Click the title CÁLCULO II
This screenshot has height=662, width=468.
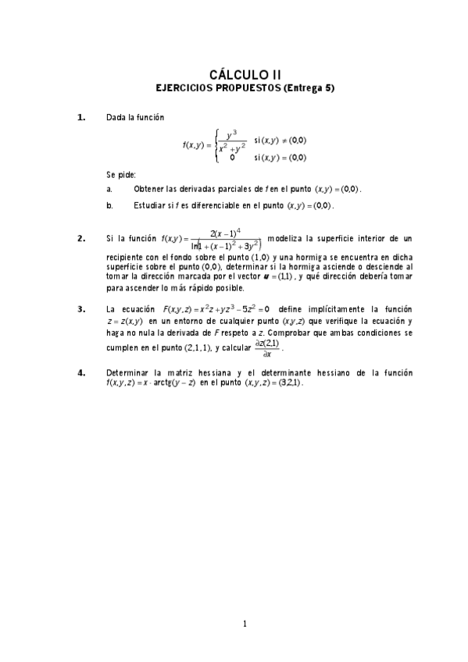tap(234, 74)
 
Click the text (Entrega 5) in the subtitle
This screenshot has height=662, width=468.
tap(309, 88)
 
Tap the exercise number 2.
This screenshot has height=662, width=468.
tap(81, 239)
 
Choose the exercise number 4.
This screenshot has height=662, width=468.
tap(81, 372)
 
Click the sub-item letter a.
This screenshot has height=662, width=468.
tap(109, 189)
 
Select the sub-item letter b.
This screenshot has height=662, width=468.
tap(109, 206)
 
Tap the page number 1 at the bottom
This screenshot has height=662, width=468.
tap(245, 623)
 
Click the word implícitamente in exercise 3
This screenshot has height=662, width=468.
tap(348, 309)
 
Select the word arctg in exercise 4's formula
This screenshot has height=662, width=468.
tap(187, 384)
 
